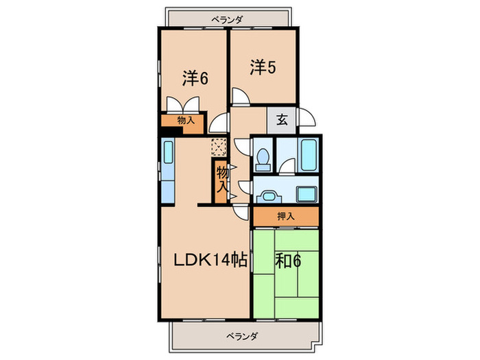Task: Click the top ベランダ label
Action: (226, 20)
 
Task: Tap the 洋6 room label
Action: (195, 78)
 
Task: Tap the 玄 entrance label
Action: (282, 119)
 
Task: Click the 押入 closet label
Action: (285, 216)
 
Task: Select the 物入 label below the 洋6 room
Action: (186, 120)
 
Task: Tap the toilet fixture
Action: (262, 158)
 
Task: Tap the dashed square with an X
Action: (219, 147)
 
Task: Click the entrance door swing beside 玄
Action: (307, 118)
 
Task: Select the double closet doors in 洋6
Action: (183, 106)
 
